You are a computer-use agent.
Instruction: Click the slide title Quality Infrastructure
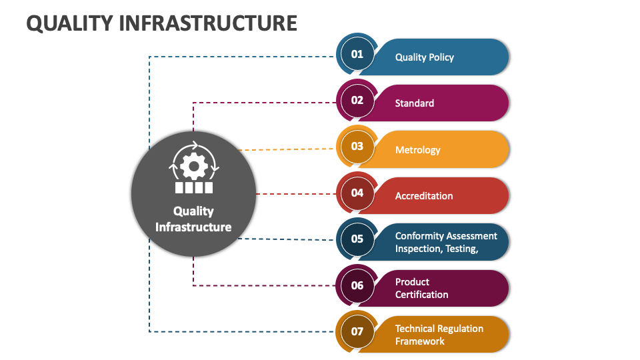coord(161,23)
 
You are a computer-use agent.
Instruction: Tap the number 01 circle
coord(357,54)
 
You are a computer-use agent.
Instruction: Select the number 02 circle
coord(357,101)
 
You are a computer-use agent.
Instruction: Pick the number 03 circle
coord(357,147)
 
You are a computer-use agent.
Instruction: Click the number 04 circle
coord(357,193)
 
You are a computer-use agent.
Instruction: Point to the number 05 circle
coord(357,239)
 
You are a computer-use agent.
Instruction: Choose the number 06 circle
coord(357,286)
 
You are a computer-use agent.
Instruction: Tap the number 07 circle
coord(357,332)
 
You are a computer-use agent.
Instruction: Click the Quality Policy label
coord(424,57)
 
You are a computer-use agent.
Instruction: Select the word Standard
coord(414,103)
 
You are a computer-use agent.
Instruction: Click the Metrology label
coord(417,150)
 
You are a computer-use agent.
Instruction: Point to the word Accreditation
coord(423,196)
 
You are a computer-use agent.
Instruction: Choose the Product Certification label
coord(421,288)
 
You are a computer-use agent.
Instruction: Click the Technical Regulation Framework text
coord(439,335)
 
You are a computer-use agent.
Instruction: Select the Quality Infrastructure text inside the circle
coord(193,219)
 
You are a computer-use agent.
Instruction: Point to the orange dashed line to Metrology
coord(287,149)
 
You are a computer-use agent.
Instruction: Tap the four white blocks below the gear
coord(194,187)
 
